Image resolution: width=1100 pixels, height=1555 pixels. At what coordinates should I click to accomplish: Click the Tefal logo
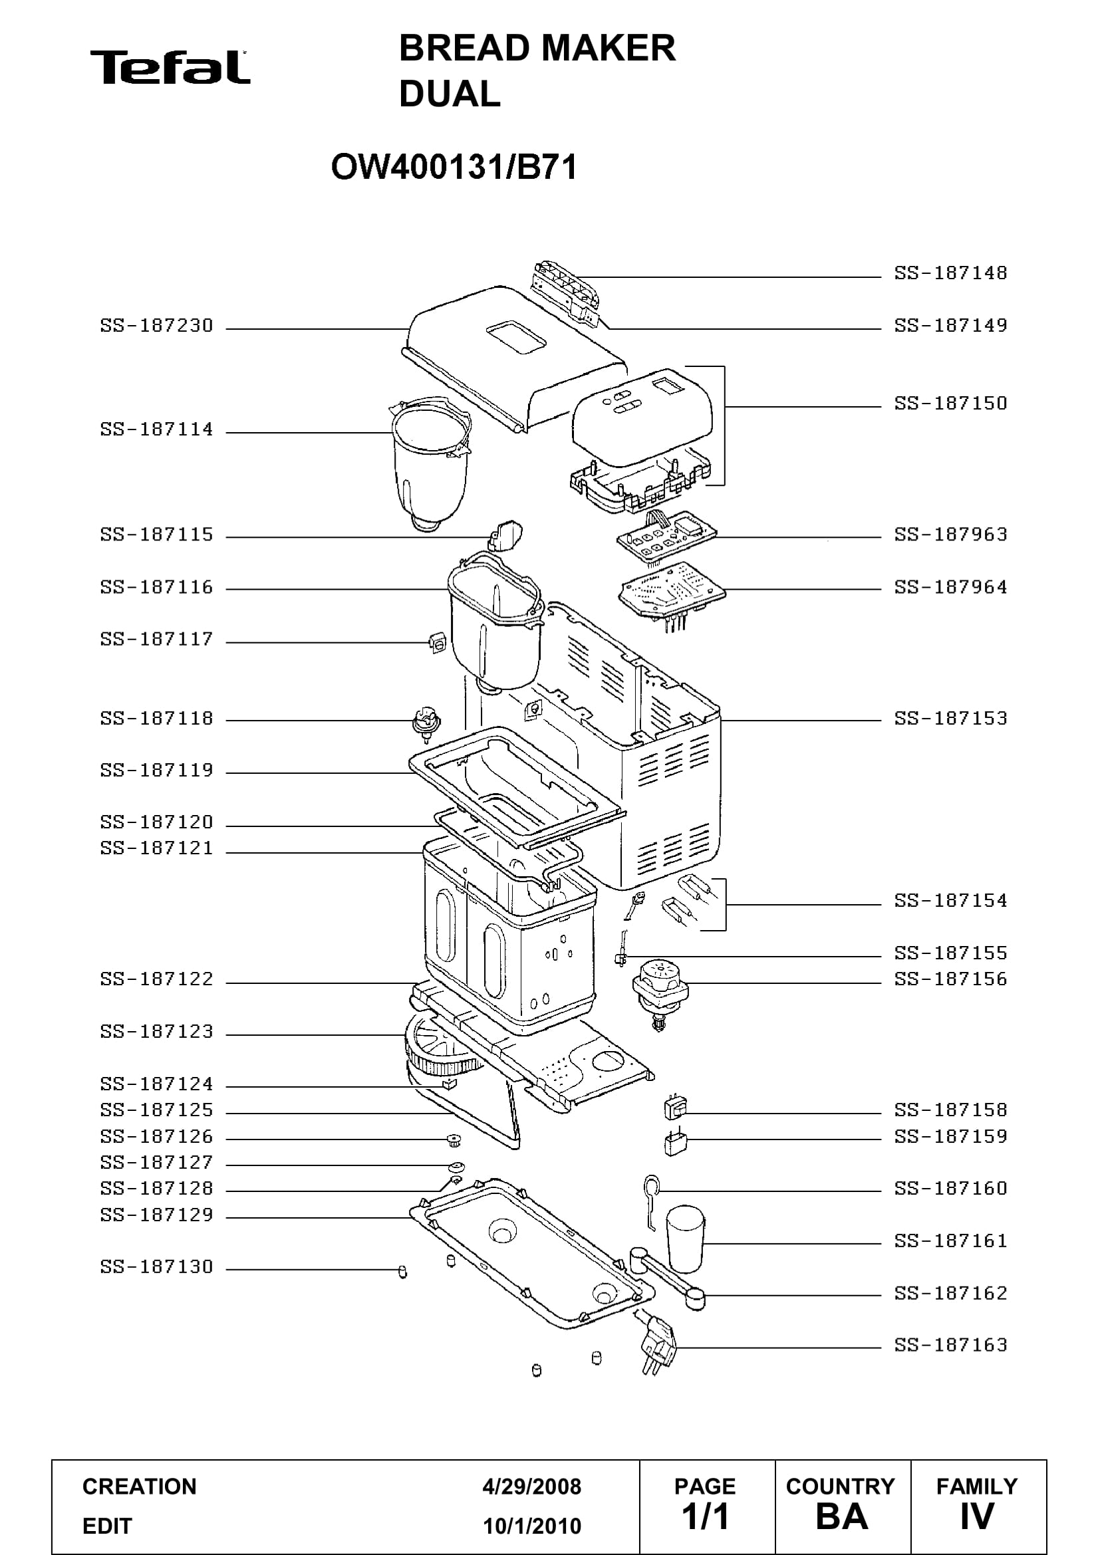pos(170,67)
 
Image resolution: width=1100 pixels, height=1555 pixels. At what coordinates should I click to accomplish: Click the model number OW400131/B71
pos(454,167)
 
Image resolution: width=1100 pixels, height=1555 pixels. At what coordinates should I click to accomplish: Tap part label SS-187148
pos(950,273)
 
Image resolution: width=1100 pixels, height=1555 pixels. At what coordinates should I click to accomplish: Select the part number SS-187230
pos(156,326)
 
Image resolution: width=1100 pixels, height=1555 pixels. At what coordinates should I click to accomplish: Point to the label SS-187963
pos(950,535)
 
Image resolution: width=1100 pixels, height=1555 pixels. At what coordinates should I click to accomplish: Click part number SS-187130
pos(156,1266)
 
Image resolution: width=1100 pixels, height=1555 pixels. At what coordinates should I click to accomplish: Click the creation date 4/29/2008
pos(532,1487)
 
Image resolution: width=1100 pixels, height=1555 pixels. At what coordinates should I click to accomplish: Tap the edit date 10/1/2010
pos(532,1526)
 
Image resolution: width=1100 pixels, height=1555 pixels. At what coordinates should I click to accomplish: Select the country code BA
pos(841,1517)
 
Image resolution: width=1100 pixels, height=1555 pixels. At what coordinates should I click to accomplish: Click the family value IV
pos(977,1517)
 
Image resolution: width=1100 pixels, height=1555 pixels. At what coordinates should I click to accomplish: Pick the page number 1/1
pos(705,1517)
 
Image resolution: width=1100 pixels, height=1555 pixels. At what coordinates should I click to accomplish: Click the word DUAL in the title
pos(450,94)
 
